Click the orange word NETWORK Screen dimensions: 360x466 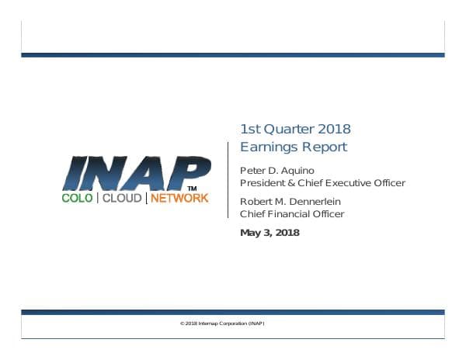[179, 198]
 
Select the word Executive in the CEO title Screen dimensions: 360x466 [348, 183]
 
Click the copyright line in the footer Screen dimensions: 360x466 [232, 323]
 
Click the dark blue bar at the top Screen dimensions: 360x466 [232, 55]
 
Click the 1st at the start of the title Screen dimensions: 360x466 [251, 129]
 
